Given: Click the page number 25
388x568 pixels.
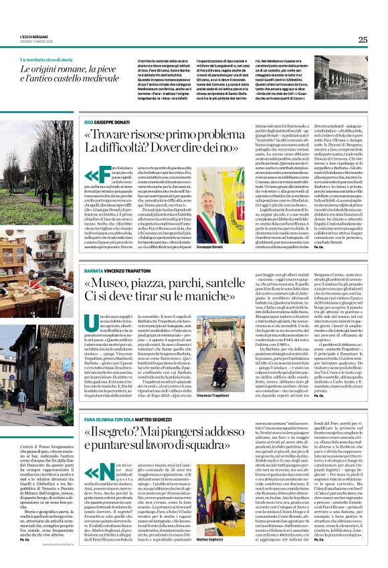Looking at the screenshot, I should (363, 39).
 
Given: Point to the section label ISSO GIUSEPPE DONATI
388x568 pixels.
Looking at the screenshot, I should (110, 124).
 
